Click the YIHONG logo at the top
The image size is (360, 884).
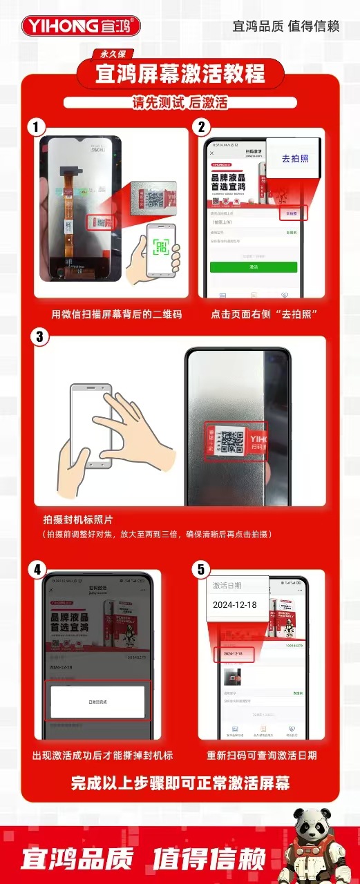tap(82, 26)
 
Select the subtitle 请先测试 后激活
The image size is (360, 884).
tap(180, 102)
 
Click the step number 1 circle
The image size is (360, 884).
tap(35, 127)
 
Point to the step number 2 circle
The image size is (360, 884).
tap(201, 127)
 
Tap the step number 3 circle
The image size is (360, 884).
tap(39, 336)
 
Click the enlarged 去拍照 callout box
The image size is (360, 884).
tap(295, 158)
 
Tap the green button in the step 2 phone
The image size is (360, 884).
tap(254, 267)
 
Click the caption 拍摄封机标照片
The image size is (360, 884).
tap(78, 519)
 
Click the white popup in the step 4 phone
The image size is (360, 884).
tap(97, 702)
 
